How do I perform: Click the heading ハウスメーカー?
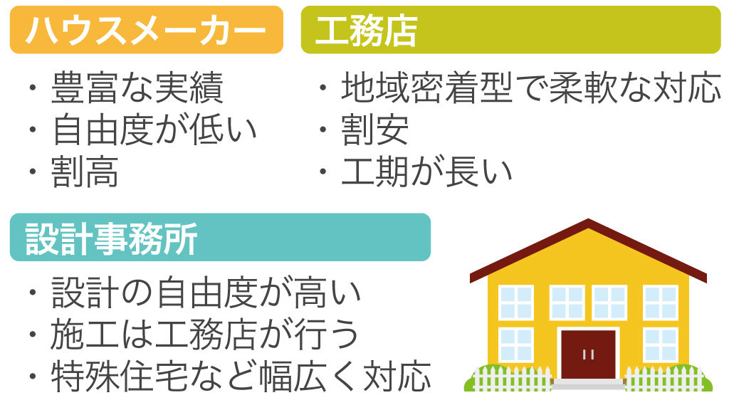pyautogui.click(x=145, y=31)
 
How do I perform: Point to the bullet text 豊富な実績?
pyautogui.click(x=137, y=89)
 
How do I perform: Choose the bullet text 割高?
pyautogui.click(x=85, y=172)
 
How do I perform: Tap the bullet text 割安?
pyautogui.click(x=374, y=130)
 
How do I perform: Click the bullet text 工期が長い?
pyautogui.click(x=426, y=172)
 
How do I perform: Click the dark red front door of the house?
pyautogui.click(x=588, y=354)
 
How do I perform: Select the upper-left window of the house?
pyautogui.click(x=515, y=302)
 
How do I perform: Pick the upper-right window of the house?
pyautogui.click(x=660, y=302)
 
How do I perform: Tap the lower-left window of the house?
pyautogui.click(x=515, y=345)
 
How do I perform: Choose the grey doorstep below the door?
pyautogui.click(x=588, y=384)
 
